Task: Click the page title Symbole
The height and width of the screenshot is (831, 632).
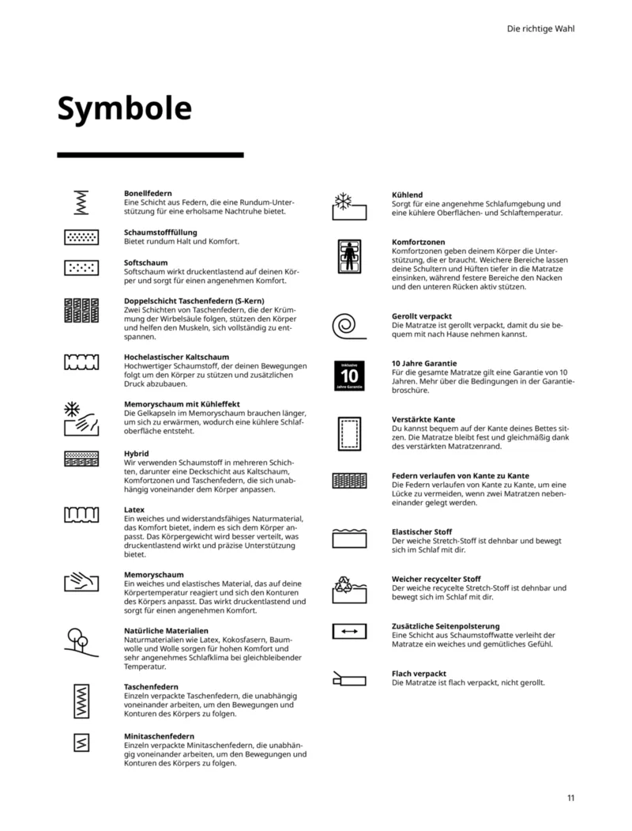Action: [x=124, y=109]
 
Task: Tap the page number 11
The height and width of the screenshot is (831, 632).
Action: [x=570, y=797]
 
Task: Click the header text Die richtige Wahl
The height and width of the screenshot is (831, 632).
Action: [x=540, y=28]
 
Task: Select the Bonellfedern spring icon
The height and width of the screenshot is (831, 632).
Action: [x=81, y=203]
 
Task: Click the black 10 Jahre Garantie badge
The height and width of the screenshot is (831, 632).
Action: [x=348, y=376]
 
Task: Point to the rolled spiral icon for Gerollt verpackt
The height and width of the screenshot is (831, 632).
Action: [x=348, y=324]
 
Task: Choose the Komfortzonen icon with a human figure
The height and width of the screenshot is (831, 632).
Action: [x=348, y=255]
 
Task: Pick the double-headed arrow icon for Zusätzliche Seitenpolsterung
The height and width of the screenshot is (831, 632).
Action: [x=348, y=631]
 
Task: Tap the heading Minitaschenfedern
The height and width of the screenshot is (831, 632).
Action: [x=159, y=736]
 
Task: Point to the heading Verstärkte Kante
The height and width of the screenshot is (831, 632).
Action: [x=423, y=419]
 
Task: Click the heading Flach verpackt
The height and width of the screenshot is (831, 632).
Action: [x=419, y=674]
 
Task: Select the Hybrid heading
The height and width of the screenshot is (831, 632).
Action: [x=137, y=453]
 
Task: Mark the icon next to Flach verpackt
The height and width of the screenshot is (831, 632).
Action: [x=348, y=678]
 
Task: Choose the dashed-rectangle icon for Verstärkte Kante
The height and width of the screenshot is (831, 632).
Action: [x=348, y=432]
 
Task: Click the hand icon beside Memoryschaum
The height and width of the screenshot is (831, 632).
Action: [x=81, y=583]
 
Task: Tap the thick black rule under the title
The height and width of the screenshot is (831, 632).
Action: [x=150, y=155]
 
